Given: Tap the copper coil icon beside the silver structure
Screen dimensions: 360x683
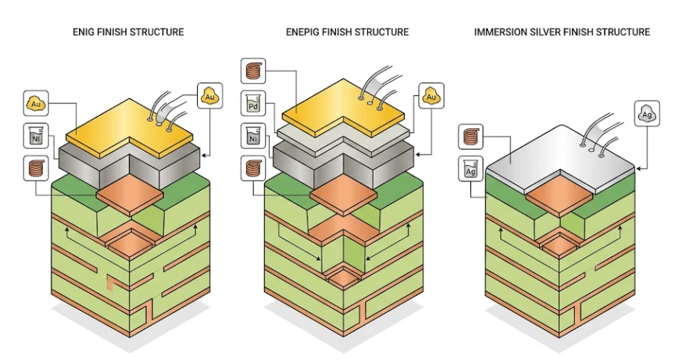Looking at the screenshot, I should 470,135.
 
